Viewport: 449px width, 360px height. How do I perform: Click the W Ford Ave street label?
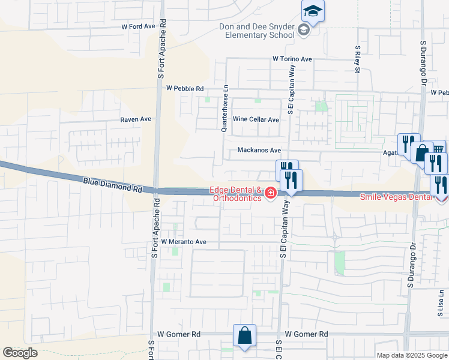point(138,27)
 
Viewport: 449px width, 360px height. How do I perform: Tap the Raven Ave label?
point(136,119)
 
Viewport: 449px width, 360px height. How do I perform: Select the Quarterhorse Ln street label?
point(225,107)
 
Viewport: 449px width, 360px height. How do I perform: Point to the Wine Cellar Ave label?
point(256,119)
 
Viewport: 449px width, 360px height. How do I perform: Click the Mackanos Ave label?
point(259,150)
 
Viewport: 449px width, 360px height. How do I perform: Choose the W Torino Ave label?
point(292,59)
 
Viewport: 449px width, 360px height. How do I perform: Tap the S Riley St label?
point(357,59)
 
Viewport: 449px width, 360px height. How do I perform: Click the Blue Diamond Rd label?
point(113,184)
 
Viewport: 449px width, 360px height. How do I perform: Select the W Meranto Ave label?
point(183,242)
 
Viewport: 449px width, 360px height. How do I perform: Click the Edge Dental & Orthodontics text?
point(236,194)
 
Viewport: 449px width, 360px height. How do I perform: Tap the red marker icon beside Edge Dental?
point(271,193)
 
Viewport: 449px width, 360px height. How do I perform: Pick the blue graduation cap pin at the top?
point(313,11)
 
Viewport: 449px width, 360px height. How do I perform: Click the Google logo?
point(20,353)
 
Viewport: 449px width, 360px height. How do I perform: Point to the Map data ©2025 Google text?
point(412,355)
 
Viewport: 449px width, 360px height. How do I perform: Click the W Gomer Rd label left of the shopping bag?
point(179,334)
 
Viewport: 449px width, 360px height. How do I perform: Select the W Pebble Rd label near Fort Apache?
point(185,88)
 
